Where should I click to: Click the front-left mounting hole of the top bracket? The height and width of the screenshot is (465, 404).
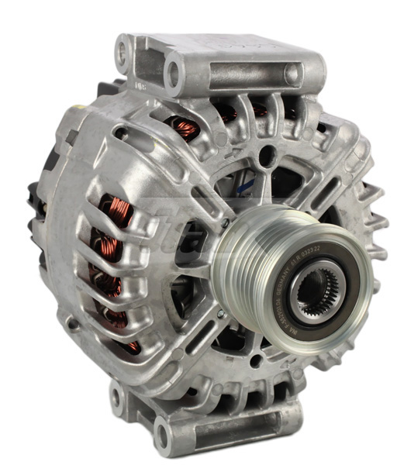coord(172,74)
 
